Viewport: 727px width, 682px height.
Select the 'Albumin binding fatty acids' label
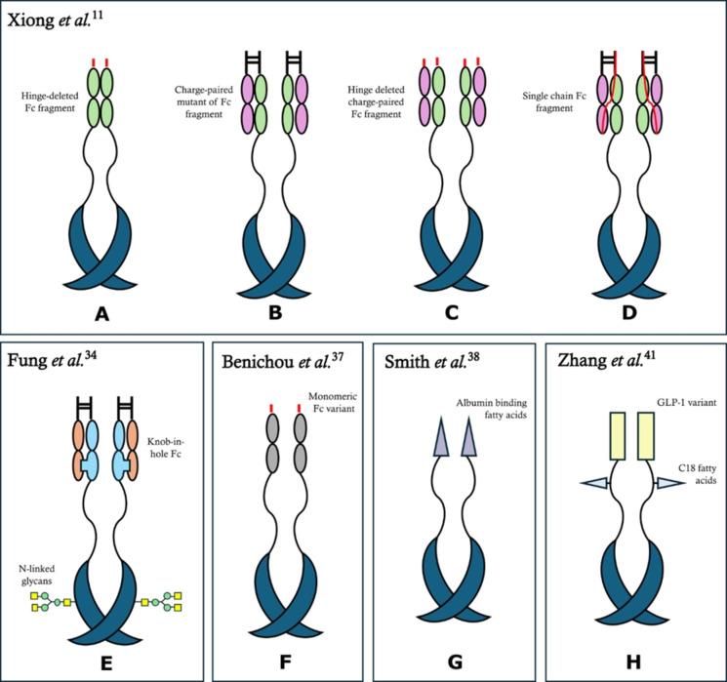pos(488,412)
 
